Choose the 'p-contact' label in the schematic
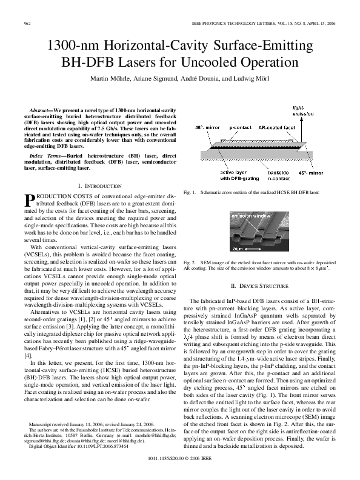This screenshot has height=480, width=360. click(241, 128)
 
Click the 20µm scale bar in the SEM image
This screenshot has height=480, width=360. click(240, 248)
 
